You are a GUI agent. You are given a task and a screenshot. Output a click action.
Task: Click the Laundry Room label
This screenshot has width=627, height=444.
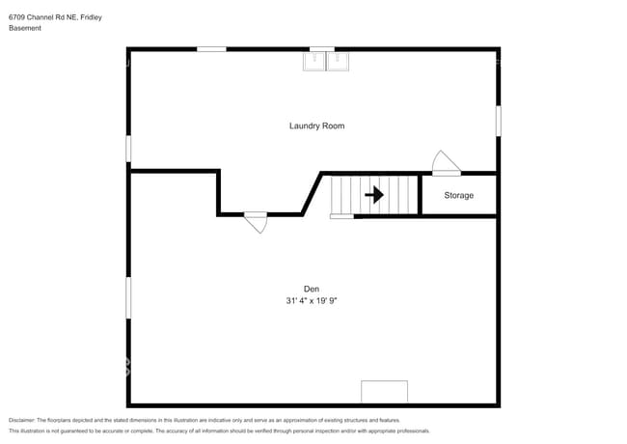(316, 126)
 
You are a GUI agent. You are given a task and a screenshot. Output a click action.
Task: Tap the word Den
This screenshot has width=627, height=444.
(311, 289)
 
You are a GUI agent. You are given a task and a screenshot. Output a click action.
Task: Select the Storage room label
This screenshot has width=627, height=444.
(458, 196)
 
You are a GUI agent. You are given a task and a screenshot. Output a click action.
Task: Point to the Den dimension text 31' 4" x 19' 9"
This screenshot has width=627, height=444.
(311, 301)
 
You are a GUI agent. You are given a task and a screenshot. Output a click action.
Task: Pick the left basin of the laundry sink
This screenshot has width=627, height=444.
(314, 62)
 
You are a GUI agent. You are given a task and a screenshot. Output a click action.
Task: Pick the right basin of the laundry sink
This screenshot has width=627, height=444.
(338, 62)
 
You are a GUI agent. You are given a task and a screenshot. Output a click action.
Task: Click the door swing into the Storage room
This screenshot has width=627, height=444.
(444, 163)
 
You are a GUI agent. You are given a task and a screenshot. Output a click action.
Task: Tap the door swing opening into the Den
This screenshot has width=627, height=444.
(256, 223)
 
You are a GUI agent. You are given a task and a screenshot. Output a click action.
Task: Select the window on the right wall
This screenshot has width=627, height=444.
(498, 121)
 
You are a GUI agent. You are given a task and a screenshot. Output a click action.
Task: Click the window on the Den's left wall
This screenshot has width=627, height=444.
(128, 297)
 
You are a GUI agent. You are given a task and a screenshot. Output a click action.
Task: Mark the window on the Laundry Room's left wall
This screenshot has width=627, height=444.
(128, 149)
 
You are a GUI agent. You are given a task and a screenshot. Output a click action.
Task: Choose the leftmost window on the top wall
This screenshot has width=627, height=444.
(211, 48)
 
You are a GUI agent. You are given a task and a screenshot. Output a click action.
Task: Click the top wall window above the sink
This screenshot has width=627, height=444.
(322, 48)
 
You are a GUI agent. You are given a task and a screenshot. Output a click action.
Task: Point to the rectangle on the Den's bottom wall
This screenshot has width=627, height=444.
(384, 392)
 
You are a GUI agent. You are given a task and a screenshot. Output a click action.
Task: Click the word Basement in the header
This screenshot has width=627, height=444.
(25, 28)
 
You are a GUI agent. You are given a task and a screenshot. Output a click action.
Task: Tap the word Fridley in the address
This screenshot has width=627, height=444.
(90, 15)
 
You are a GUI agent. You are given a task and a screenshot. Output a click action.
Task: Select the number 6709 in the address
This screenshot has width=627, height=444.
(17, 15)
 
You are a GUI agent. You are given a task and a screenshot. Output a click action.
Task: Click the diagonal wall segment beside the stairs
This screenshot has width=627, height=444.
(313, 194)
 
